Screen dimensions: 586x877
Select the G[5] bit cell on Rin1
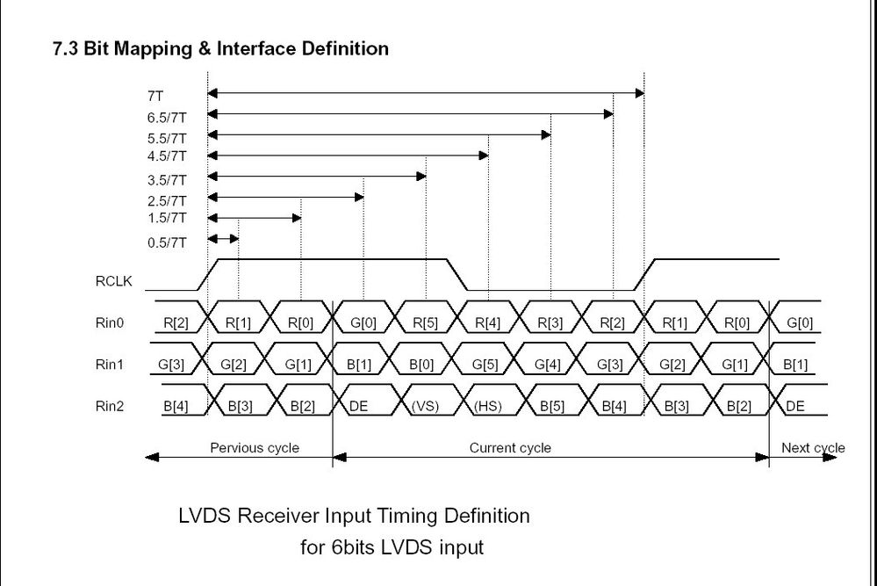(487, 364)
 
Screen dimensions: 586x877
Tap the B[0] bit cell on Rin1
(425, 364)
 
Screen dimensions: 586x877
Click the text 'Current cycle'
(510, 448)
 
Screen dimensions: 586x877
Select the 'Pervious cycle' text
(255, 448)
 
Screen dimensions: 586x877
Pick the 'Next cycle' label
(813, 448)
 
